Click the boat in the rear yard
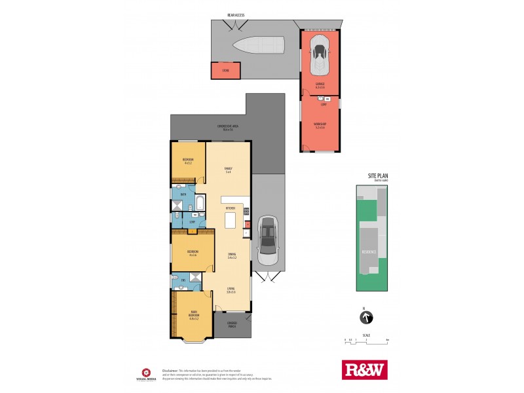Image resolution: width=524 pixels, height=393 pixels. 259,47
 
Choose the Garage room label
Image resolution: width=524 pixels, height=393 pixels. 320,85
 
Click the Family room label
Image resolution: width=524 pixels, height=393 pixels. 229,170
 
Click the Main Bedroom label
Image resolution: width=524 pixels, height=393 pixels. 193,314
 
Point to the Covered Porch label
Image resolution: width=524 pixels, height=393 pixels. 231,324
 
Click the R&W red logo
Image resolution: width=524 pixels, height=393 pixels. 365,370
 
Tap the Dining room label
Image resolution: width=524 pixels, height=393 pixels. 232,256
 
